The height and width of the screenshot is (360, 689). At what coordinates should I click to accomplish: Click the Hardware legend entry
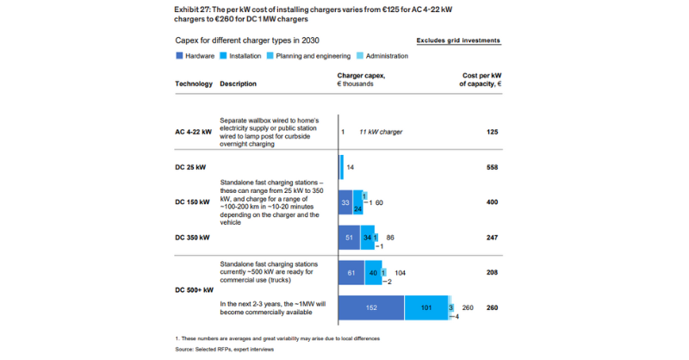196,56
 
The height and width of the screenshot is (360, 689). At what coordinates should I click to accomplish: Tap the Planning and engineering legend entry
310,56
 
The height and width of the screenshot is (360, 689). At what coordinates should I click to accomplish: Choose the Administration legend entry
384,56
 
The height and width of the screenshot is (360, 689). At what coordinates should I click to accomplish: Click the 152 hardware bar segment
370,307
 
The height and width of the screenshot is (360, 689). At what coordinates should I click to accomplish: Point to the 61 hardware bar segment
351,271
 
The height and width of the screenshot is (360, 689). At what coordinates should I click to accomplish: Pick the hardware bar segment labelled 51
349,236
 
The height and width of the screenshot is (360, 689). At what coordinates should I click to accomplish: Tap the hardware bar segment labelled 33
345,202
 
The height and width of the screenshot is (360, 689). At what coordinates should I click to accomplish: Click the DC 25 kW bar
342,166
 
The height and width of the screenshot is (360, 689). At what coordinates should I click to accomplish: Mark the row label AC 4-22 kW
192,132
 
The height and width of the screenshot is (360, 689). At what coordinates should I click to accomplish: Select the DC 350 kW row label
193,236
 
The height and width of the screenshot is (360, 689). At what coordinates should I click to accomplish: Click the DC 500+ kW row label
193,289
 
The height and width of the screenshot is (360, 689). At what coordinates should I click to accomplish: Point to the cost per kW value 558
493,166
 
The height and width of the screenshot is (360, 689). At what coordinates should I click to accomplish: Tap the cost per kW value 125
493,132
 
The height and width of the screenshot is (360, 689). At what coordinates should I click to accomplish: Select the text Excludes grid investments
457,40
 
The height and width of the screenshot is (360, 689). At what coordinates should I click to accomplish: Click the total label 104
400,271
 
